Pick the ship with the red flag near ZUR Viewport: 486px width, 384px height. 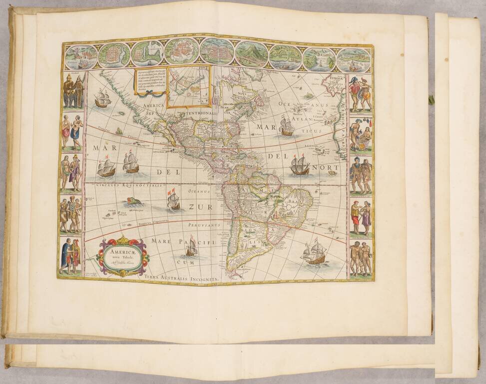tap(173, 201)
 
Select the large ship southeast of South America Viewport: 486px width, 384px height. tap(314, 252)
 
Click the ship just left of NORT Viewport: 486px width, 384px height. tap(299, 165)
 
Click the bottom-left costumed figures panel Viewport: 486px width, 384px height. tap(70, 256)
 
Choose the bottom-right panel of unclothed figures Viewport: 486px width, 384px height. tap(361, 258)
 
